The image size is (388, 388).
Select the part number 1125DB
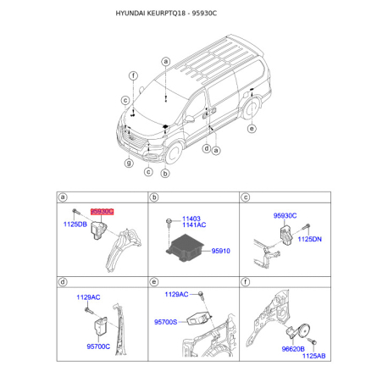(76, 224)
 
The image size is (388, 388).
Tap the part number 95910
(221, 251)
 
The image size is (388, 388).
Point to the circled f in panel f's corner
(246, 282)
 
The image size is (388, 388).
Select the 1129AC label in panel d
(88, 298)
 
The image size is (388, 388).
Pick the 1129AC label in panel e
(177, 294)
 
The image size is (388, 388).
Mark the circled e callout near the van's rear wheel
(252, 130)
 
